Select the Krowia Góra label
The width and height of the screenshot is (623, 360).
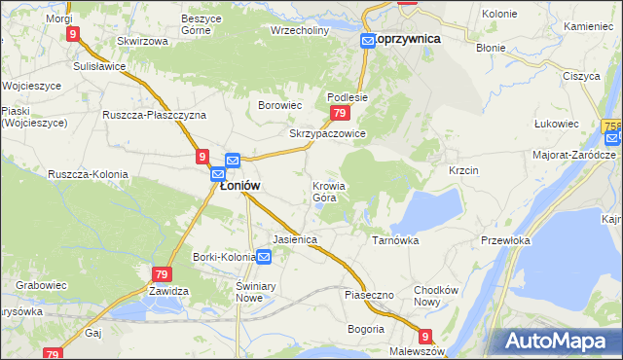click(x=328, y=192)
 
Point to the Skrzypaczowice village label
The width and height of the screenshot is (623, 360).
click(x=327, y=133)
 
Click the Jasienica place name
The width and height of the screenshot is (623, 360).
click(x=296, y=238)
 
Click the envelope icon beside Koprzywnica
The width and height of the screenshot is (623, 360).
click(x=368, y=40)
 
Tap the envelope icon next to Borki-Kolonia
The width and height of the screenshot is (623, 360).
click(x=265, y=257)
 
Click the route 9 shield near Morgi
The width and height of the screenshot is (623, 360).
click(x=73, y=33)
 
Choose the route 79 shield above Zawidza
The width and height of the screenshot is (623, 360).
click(x=162, y=274)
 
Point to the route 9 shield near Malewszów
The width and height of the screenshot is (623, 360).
click(x=424, y=333)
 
